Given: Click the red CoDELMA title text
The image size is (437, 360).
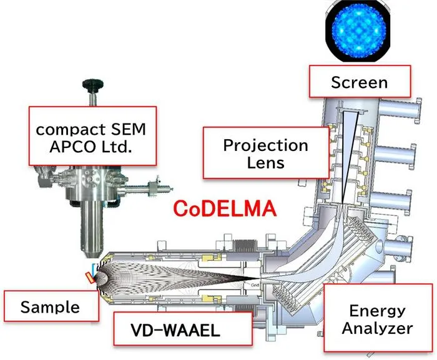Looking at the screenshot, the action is [225, 208].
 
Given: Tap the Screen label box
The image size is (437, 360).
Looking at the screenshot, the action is [360, 81].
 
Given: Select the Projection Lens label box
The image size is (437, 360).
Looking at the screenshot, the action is [266, 153].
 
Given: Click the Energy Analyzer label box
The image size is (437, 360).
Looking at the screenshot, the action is [378, 318].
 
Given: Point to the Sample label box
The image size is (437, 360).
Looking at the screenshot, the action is [51, 306].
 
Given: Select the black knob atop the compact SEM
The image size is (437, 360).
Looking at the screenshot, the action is [93, 85].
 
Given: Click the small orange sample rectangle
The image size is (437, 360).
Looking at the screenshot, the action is [90, 278].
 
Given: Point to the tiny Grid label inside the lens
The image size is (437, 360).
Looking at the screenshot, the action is [255, 285].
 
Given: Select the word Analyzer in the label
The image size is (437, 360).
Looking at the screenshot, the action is [377, 328].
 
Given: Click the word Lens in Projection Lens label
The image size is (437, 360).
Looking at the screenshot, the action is [265, 162].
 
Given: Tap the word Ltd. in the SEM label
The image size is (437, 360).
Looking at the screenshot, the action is [117, 147].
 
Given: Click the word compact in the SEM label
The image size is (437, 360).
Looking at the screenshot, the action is [71, 130].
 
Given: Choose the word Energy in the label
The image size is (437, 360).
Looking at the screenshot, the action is [377, 311].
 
